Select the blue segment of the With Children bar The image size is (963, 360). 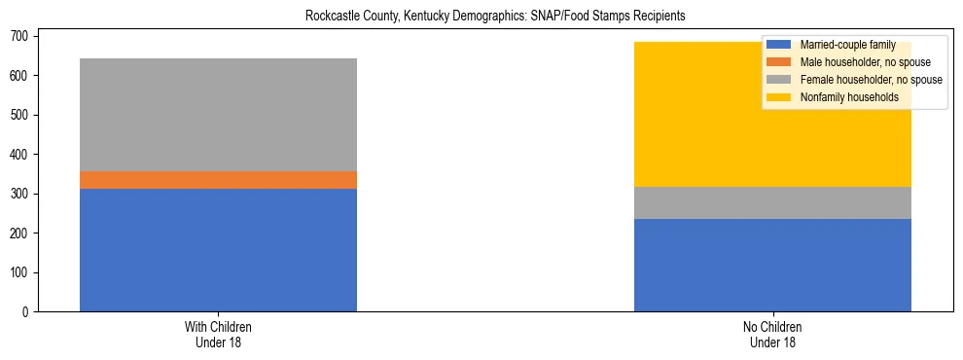[218, 250]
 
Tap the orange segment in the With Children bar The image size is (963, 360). [218, 180]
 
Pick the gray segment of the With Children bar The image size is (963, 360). [218, 115]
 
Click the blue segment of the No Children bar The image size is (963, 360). [772, 265]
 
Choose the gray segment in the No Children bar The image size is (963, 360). [772, 202]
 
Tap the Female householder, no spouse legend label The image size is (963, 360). [871, 80]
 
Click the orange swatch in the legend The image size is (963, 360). [779, 62]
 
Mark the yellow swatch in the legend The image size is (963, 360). [779, 97]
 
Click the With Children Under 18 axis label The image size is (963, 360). [218, 335]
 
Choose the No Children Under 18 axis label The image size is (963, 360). [772, 335]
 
